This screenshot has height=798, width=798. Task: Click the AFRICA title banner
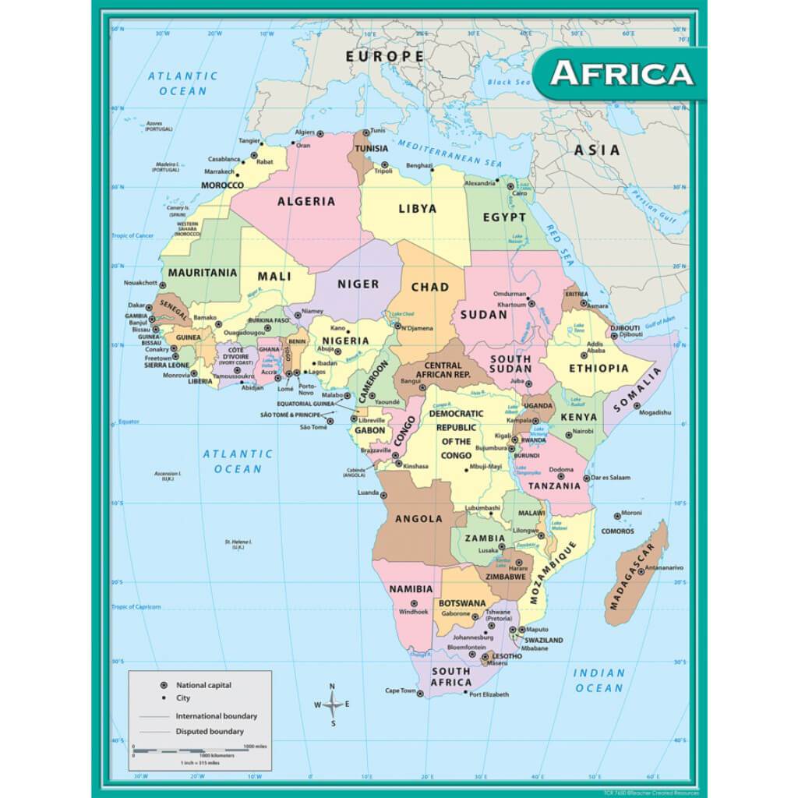point(621,73)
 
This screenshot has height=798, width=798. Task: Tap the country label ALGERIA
point(306,201)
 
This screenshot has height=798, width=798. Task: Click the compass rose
point(332,704)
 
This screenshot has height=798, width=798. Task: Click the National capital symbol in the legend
point(164,685)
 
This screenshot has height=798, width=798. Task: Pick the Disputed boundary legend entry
point(209,731)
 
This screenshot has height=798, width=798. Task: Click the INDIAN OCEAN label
point(599,680)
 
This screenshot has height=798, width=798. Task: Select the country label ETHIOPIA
point(598,369)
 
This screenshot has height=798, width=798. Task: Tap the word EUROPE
point(385,56)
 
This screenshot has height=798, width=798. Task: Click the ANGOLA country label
point(418,518)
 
